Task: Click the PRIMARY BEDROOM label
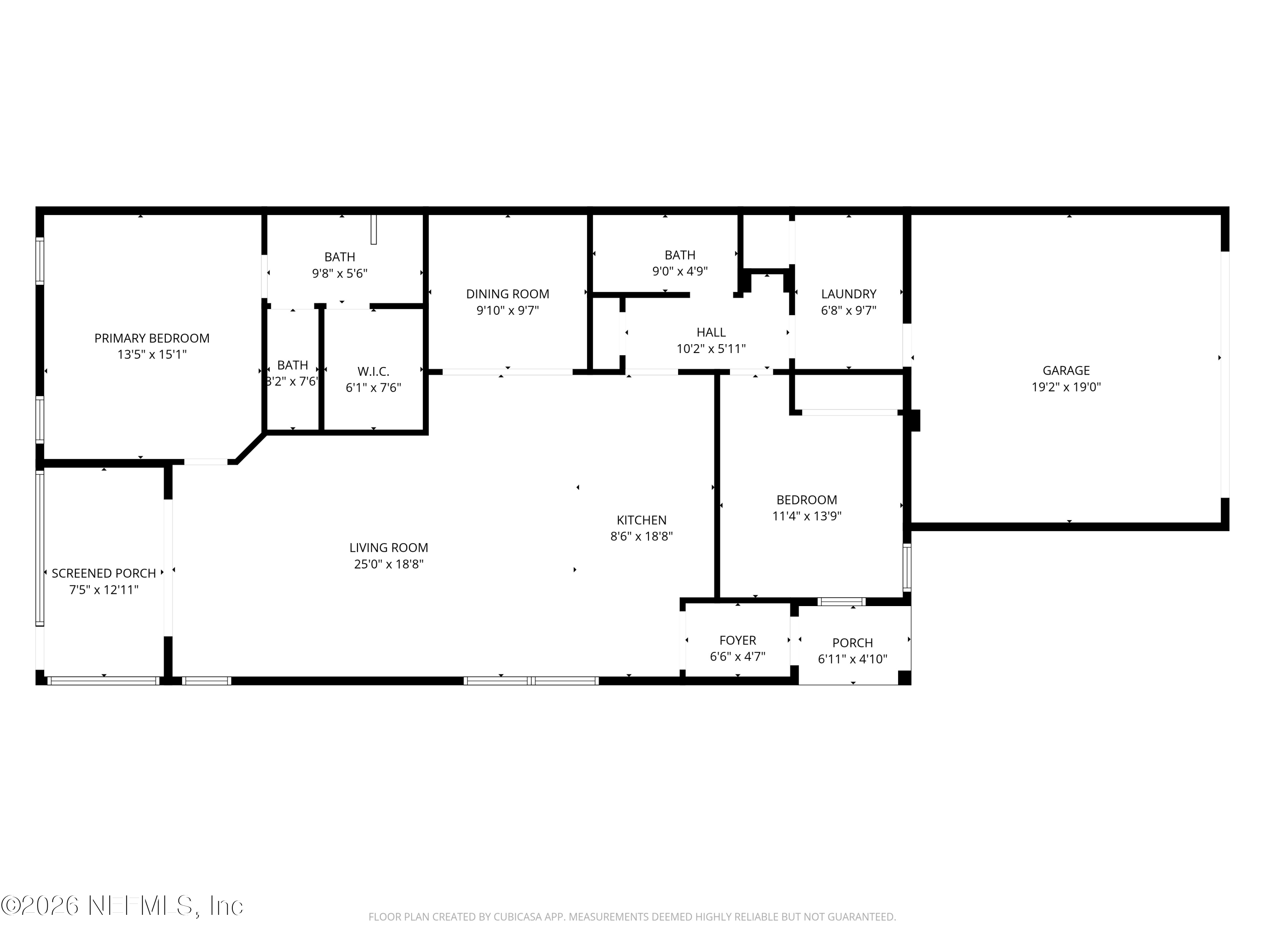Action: tap(152, 338)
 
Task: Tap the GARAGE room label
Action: tap(1066, 370)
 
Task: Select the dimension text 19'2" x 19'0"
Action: tap(1066, 387)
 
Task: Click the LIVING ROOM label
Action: tap(389, 547)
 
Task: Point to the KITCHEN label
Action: tap(642, 520)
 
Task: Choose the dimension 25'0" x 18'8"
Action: tap(389, 564)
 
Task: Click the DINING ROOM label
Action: tap(508, 294)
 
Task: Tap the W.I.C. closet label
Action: tap(374, 371)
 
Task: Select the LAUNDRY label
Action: tap(849, 294)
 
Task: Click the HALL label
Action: tap(711, 332)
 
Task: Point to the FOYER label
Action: tap(738, 640)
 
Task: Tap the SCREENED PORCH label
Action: tap(104, 573)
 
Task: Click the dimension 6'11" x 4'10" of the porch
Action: tap(853, 659)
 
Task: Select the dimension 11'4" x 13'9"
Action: tap(807, 516)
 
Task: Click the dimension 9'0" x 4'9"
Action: tap(680, 271)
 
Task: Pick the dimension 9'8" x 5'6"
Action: tap(340, 273)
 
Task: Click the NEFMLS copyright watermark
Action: tap(122, 906)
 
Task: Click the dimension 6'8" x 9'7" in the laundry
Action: tap(849, 310)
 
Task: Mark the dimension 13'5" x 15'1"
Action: tap(152, 355)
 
